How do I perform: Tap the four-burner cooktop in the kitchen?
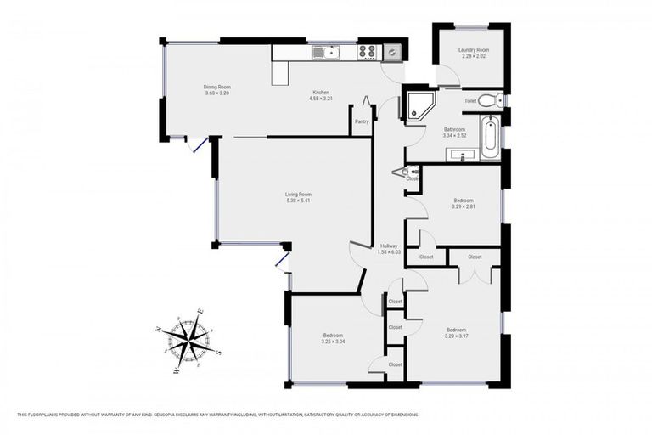coord(367,53)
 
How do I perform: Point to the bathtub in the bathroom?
coord(490,138)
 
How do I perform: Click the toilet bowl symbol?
coord(489,100)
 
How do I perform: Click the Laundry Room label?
coord(474,50)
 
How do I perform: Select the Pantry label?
coord(362,121)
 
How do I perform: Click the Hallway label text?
coord(389,246)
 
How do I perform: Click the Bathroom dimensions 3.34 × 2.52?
coord(454,136)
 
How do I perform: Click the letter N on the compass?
coord(160,328)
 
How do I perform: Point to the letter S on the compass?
coord(219,352)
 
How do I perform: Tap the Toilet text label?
coord(469,100)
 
